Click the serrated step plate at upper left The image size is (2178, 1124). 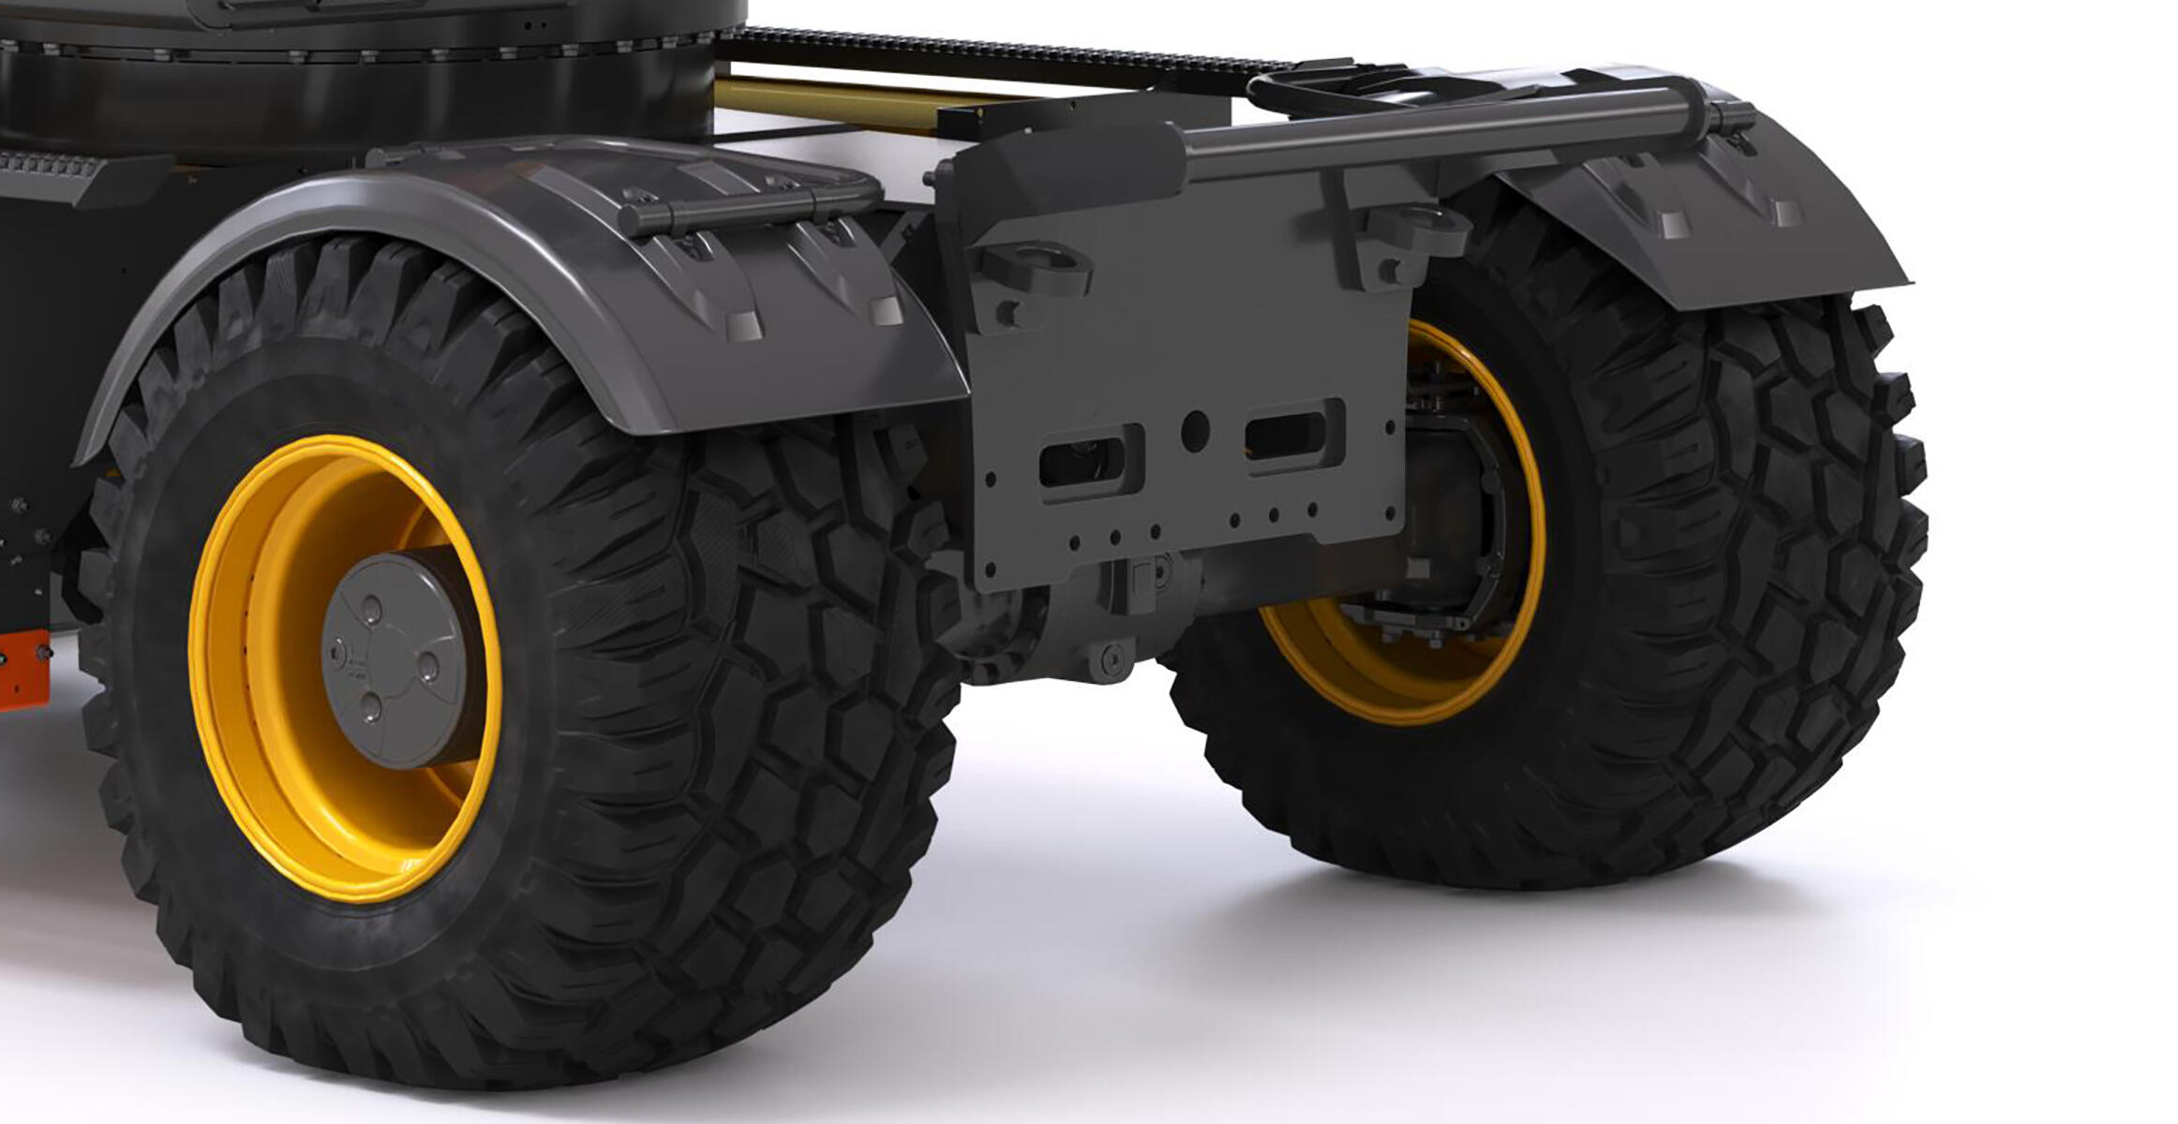click(56, 169)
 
